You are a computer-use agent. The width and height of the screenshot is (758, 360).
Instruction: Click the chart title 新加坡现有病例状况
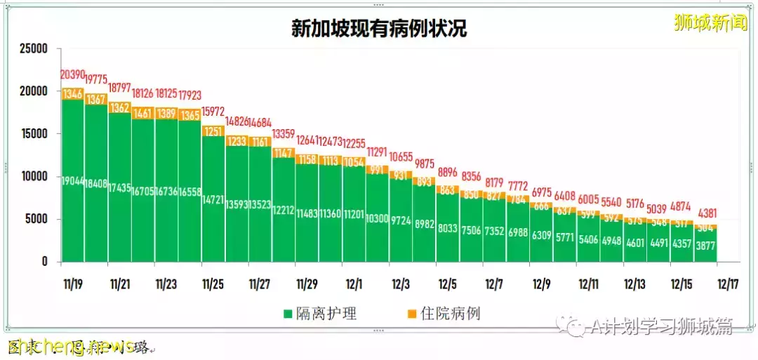coord(379,28)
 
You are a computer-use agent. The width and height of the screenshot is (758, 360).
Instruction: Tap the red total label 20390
coord(73,74)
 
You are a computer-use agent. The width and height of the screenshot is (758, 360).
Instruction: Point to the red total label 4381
coord(705,214)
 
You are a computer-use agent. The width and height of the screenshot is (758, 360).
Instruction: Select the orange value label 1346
coord(73,93)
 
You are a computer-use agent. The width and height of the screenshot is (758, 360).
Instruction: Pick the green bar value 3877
coord(705,246)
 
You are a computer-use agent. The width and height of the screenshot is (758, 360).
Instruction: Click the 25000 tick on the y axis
coord(33,49)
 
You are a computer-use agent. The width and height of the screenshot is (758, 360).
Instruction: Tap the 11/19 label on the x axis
coord(73,285)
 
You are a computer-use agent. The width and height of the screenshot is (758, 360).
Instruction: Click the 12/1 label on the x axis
coord(354,285)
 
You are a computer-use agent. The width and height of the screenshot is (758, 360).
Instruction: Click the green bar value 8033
coord(448,228)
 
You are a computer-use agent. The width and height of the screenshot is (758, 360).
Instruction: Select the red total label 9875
coord(425,163)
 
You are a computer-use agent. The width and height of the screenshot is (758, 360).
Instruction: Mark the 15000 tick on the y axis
coord(33,134)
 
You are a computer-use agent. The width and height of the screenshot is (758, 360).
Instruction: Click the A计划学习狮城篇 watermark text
coord(660,326)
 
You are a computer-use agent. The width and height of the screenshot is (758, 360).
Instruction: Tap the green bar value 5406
coord(588,239)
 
